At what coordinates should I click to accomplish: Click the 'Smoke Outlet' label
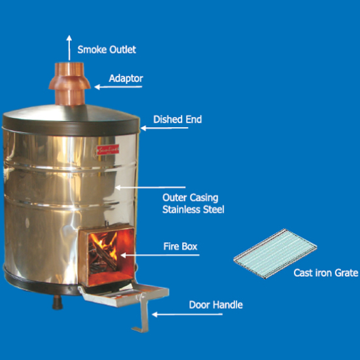point(106,49)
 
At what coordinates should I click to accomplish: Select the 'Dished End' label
point(177,120)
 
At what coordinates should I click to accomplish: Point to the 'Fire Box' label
point(180,247)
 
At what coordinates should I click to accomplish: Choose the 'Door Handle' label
point(215,304)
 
